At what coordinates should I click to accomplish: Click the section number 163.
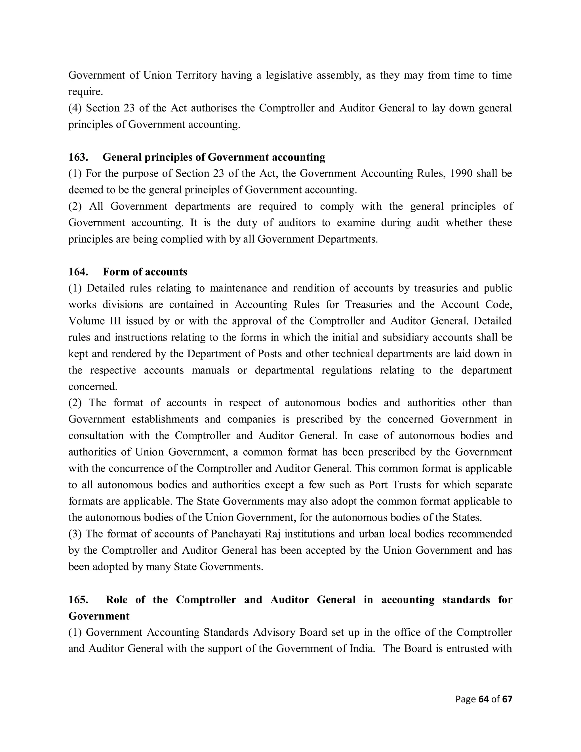coord(78,157)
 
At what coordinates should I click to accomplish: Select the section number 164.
coord(78,272)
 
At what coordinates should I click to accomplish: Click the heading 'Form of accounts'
coord(145,272)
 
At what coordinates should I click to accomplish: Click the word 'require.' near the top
coord(86,92)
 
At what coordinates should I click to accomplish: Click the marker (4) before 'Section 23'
coord(75,108)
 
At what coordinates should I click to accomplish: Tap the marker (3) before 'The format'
coord(75,534)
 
